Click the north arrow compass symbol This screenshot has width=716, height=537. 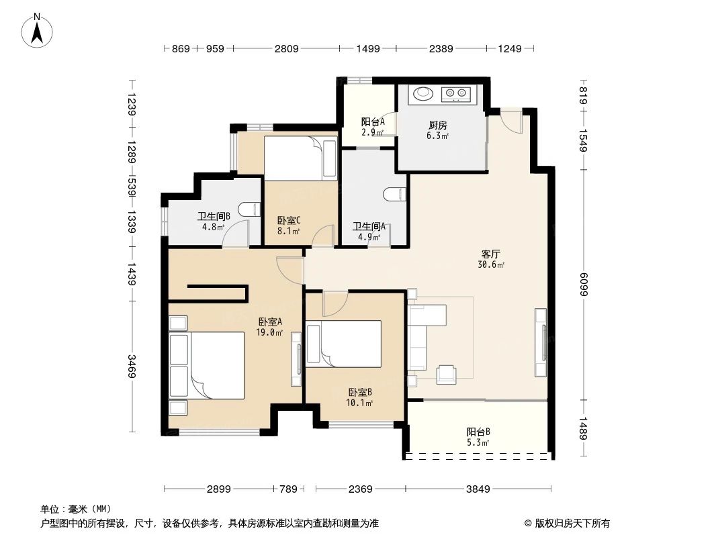[38, 30]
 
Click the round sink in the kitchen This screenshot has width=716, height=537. [422, 93]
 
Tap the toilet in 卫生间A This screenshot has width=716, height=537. [396, 195]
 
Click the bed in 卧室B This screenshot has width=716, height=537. [344, 344]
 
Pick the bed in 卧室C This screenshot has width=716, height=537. [300, 158]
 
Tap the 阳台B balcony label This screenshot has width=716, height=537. [478, 436]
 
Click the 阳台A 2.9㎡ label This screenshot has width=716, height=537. [372, 126]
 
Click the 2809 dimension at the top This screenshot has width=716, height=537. [285, 48]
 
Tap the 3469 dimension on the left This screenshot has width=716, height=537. [132, 366]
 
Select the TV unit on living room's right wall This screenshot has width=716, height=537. [541, 342]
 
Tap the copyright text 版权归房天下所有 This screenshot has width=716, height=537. [572, 523]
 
